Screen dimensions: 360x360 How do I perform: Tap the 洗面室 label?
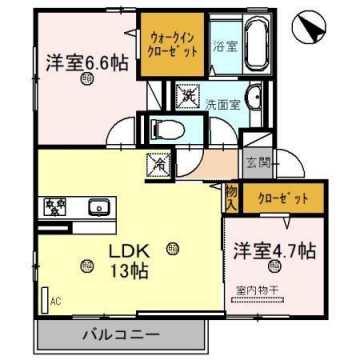tap(222, 103)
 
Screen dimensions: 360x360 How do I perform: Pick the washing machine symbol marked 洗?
tap(187, 96)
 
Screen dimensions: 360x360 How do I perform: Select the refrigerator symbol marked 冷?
tap(158, 160)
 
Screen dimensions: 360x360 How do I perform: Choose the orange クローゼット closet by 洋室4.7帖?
tap(287, 199)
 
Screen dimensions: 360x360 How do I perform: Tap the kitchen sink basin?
tap(98, 206)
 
